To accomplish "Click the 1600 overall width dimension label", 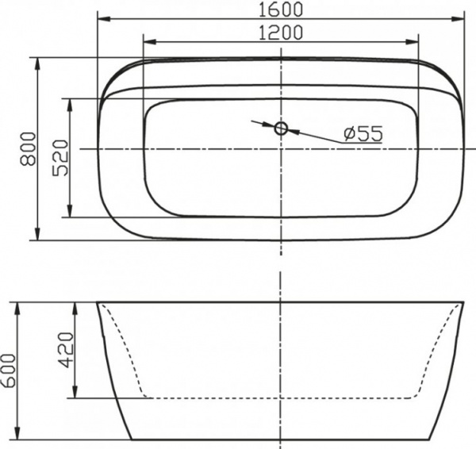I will coord(281,9).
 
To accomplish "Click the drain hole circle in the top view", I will coord(282,128).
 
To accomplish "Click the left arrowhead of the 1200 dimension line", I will coord(148,42).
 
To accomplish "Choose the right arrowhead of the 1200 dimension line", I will coord(414,42).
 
